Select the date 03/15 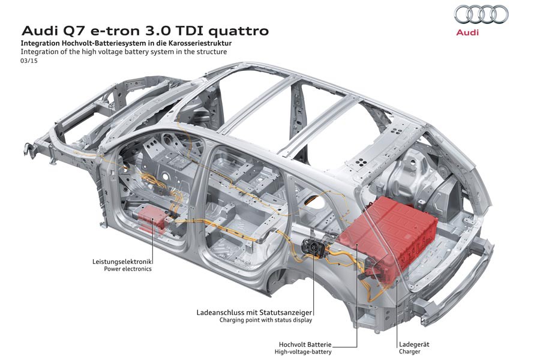click(28, 61)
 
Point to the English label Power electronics click(128, 269)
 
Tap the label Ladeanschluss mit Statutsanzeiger click(255, 312)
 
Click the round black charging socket click(311, 246)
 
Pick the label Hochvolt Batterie click(305, 344)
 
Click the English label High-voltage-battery click(304, 352)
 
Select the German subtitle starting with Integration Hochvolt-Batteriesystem click(126, 44)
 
